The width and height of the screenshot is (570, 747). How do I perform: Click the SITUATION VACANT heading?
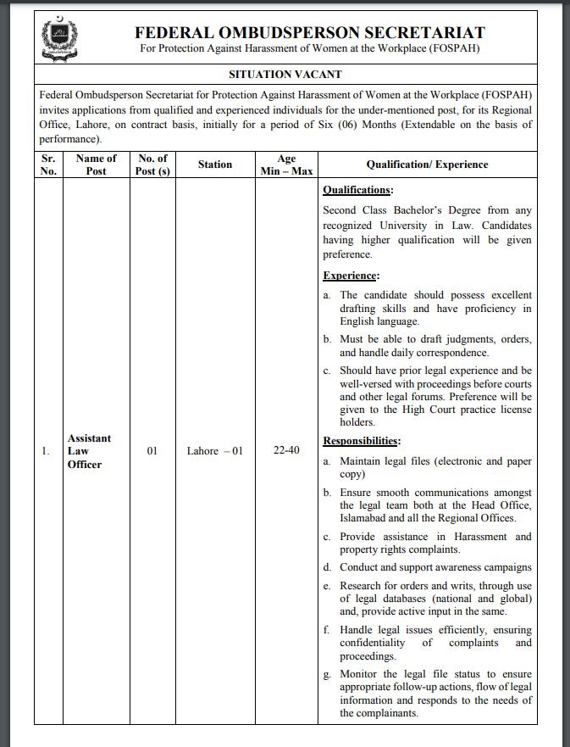point(285,75)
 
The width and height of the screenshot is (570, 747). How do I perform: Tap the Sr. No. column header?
point(48,164)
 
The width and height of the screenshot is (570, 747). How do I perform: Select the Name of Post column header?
point(96,164)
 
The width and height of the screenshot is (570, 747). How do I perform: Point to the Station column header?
point(215,164)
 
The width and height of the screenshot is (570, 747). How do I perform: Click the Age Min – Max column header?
point(286,164)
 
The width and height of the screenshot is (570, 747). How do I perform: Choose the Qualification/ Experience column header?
point(427,164)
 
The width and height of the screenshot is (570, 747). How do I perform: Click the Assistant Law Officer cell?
point(89,451)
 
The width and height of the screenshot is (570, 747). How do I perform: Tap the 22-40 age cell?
point(286,450)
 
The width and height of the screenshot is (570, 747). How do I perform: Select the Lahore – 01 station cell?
point(215,451)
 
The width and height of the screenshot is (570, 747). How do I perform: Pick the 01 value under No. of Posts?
point(152,451)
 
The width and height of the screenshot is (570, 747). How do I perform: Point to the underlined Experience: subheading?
point(351,276)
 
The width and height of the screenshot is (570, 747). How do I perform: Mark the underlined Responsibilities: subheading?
point(362,441)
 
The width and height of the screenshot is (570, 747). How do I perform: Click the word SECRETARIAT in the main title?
point(424,33)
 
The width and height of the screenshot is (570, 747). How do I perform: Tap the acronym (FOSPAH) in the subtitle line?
point(451,48)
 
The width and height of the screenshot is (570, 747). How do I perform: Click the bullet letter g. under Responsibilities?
point(327,673)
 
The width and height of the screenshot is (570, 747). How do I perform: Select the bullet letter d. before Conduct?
point(327,567)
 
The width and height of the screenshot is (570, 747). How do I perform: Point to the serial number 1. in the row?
point(46,451)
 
